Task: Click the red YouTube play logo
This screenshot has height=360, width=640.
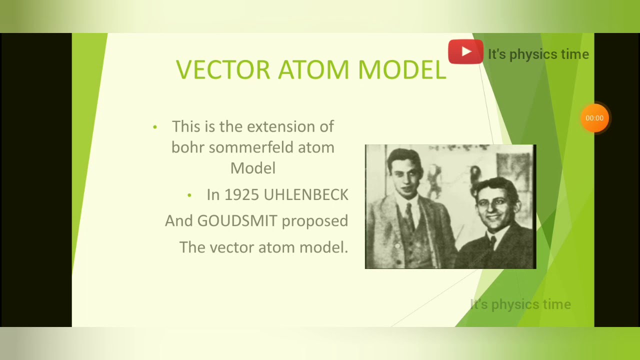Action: tap(465, 52)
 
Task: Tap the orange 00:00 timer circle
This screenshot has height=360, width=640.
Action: tap(594, 118)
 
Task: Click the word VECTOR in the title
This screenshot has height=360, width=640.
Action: tap(223, 69)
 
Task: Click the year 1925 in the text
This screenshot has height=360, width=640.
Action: tap(241, 195)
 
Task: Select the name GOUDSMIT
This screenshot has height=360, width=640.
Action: tap(237, 221)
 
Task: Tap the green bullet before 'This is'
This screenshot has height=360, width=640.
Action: tap(155, 127)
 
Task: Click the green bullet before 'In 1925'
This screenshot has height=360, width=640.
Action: tap(189, 195)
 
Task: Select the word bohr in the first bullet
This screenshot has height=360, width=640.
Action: tap(187, 148)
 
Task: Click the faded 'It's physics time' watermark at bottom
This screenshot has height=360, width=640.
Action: tap(520, 304)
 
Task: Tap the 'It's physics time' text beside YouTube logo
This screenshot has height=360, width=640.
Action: tap(538, 54)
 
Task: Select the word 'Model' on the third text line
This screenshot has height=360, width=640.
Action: tap(252, 168)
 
